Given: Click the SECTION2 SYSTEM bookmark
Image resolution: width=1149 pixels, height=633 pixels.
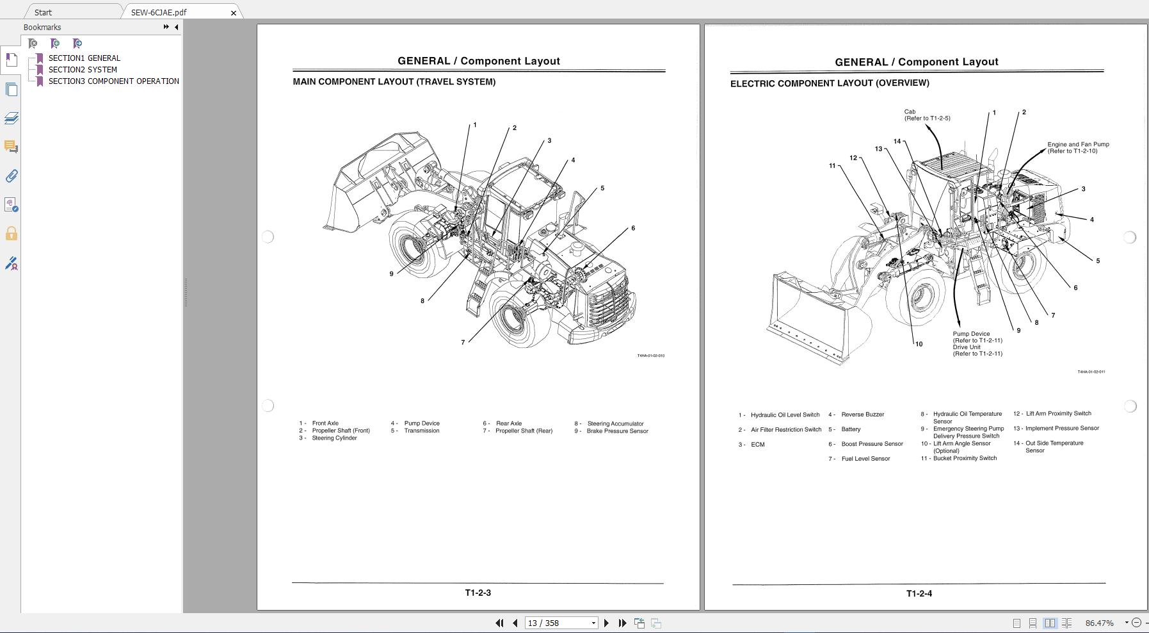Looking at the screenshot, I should [x=83, y=69].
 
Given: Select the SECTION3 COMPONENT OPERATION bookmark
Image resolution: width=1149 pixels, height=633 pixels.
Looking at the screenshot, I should [x=113, y=81].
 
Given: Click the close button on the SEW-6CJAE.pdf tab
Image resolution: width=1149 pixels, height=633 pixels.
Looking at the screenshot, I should [x=234, y=13].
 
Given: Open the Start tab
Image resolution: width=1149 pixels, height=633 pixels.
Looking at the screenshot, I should [x=43, y=12].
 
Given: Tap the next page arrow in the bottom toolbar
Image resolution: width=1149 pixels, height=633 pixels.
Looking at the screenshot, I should [x=606, y=623].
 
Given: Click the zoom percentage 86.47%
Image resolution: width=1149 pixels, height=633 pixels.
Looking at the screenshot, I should [x=1099, y=623].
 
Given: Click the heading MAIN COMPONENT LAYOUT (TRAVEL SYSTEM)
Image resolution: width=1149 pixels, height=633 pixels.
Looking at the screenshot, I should [x=394, y=82].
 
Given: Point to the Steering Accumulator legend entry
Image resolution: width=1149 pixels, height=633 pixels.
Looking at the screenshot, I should [x=615, y=423].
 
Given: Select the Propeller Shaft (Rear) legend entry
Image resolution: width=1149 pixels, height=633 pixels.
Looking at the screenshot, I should [x=524, y=431].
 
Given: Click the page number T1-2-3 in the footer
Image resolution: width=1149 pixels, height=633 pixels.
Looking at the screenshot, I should [x=478, y=593].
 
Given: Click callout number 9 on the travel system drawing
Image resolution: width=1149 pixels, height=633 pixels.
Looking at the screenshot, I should [x=392, y=274].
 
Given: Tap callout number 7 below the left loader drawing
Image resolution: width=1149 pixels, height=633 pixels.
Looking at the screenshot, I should [x=463, y=342].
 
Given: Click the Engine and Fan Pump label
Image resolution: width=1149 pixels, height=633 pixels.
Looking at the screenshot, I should [x=1078, y=145].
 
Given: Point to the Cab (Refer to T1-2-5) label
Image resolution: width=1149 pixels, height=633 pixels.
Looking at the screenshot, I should [x=926, y=115].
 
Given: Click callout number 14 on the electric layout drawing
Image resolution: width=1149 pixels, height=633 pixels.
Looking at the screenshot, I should [x=897, y=142].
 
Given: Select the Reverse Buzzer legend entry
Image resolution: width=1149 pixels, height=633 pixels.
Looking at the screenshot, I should [x=862, y=415].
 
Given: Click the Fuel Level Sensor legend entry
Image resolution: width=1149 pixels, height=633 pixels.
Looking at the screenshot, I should [x=865, y=459].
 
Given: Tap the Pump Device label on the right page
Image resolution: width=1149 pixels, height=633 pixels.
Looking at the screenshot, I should [x=971, y=334].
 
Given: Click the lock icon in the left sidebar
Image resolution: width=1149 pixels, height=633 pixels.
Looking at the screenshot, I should [x=11, y=234].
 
